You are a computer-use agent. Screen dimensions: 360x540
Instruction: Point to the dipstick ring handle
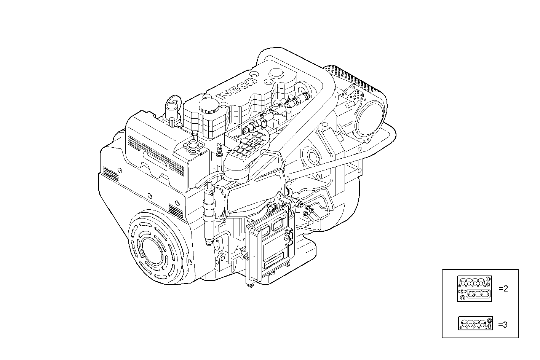coord(219,146)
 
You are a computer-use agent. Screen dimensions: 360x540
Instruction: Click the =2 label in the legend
coord(503,288)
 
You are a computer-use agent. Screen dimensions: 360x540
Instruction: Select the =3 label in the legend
coord(503,325)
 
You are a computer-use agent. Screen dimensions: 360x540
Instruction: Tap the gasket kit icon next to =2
coord(474,289)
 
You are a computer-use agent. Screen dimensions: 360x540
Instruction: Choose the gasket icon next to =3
coord(475,323)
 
